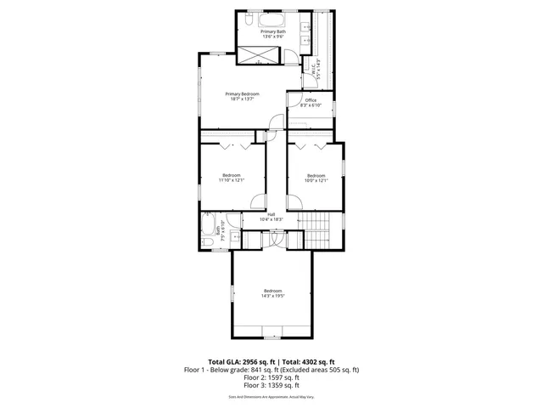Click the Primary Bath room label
click(x=271, y=31)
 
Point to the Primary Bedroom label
click(x=242, y=93)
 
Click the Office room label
click(x=311, y=100)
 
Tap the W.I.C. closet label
click(x=313, y=68)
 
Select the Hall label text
click(x=271, y=214)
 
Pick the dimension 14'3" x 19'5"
click(x=271, y=296)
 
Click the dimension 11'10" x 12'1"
click(x=231, y=180)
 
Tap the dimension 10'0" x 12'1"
click(x=316, y=180)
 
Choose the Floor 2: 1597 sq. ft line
click(x=271, y=377)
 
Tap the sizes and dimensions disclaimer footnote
click(x=271, y=397)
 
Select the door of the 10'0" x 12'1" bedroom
click(x=294, y=201)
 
